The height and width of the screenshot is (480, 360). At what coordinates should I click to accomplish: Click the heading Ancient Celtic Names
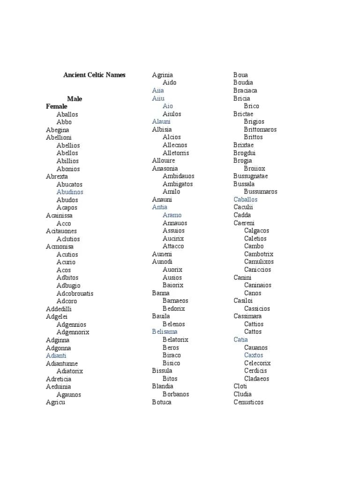click(x=94, y=75)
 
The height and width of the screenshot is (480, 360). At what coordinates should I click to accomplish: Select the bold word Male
click(x=75, y=99)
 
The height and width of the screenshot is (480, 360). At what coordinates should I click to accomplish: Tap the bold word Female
click(x=57, y=106)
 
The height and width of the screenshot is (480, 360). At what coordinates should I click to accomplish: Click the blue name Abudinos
click(x=70, y=192)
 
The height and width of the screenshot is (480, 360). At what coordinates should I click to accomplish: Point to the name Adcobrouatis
click(x=75, y=293)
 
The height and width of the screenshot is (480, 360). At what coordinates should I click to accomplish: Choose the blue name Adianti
click(x=56, y=356)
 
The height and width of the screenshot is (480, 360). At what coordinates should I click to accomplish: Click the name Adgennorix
click(x=73, y=332)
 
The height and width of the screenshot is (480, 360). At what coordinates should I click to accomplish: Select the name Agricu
click(x=55, y=402)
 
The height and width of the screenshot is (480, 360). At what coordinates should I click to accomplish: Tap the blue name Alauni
click(x=161, y=121)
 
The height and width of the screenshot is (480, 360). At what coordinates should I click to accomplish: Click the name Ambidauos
click(x=179, y=176)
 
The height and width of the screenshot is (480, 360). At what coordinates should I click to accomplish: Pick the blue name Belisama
click(x=165, y=332)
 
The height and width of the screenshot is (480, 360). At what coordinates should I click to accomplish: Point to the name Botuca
click(x=162, y=402)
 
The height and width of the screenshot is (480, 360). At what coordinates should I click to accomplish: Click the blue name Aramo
click(x=172, y=215)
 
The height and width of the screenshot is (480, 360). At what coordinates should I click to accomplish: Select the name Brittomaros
click(x=260, y=129)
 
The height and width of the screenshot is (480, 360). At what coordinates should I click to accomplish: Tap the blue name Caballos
click(x=246, y=200)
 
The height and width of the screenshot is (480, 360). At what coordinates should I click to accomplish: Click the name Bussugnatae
click(x=251, y=176)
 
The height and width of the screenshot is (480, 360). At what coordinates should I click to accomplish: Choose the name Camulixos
click(x=259, y=262)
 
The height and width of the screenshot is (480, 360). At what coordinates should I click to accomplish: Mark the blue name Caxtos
click(x=254, y=355)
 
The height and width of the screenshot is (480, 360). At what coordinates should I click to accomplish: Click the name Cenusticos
click(x=248, y=402)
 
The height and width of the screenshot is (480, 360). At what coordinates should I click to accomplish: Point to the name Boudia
click(x=243, y=82)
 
